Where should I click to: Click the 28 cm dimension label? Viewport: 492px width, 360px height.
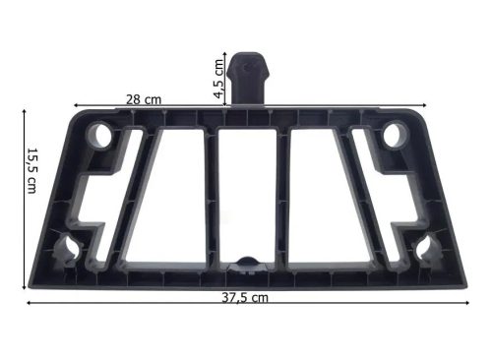(x=144, y=99)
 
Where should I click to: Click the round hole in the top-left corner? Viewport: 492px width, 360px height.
(x=102, y=133)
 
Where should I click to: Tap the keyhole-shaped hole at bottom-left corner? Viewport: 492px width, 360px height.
(x=70, y=250)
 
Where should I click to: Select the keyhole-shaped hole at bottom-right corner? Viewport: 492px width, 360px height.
(x=426, y=250)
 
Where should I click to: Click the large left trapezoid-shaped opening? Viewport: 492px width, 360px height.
(x=169, y=197)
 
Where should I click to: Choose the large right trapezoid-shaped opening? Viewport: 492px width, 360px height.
(x=325, y=197)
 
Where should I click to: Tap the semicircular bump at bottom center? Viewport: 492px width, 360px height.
(x=247, y=262)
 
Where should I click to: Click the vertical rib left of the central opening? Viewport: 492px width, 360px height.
(x=210, y=197)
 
